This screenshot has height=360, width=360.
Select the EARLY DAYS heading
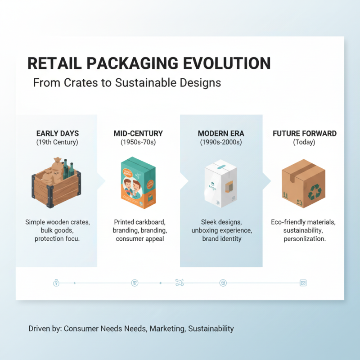point(57,134)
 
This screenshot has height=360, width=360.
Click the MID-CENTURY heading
point(138,134)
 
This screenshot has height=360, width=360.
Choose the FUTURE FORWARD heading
point(304,134)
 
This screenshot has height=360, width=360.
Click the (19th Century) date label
point(57,142)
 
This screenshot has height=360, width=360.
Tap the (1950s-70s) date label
point(138,142)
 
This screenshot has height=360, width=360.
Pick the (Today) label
point(304,142)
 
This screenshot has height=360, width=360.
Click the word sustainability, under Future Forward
point(304,230)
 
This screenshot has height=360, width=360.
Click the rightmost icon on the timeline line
point(303,283)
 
